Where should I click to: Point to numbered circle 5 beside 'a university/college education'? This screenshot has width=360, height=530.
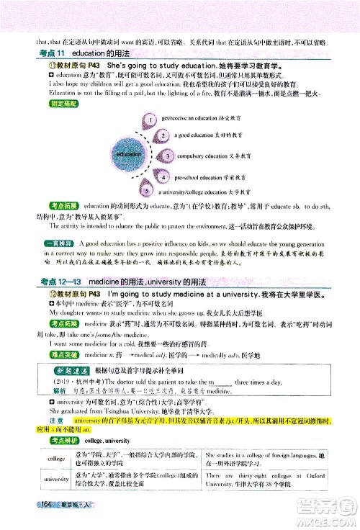coord(148,193)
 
